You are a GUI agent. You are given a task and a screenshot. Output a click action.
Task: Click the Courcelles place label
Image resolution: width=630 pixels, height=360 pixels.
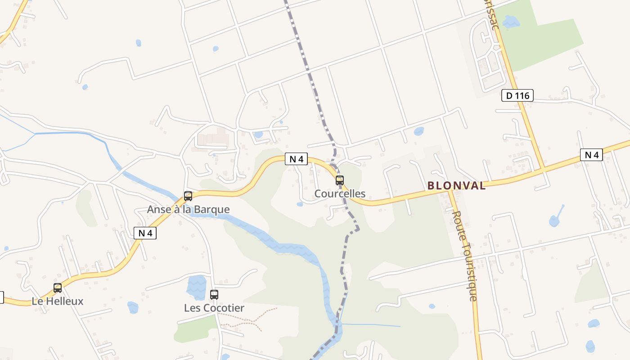click(x=340, y=194)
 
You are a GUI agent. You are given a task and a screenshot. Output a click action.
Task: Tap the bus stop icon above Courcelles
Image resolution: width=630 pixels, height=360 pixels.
click(x=340, y=180)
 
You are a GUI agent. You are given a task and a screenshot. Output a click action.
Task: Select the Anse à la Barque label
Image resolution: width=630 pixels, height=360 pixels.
click(x=188, y=210)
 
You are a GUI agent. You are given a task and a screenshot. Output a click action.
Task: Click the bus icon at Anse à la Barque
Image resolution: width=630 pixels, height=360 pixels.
click(x=188, y=196)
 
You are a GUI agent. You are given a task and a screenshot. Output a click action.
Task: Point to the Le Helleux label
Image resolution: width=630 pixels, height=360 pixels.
click(x=58, y=301)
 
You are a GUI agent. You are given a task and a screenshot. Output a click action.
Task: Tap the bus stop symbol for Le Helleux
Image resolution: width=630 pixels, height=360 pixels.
click(x=58, y=288)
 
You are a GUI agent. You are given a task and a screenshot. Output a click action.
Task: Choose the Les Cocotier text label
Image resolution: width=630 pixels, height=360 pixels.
click(x=214, y=308)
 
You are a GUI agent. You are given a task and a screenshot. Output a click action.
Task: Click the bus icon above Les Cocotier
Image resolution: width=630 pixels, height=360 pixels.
click(x=214, y=295)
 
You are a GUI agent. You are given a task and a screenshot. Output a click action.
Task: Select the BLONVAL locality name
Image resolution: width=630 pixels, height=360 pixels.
click(x=456, y=185)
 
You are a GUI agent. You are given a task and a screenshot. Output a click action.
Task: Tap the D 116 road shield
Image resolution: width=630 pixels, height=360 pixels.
click(x=517, y=95)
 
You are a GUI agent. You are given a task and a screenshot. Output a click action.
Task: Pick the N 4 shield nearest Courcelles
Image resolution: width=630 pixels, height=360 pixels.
click(x=296, y=159)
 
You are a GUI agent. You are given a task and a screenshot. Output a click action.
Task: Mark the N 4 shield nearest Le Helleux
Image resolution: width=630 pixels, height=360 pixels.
click(x=145, y=233)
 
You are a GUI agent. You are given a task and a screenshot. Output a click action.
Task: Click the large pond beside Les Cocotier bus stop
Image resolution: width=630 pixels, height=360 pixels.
click(x=196, y=287)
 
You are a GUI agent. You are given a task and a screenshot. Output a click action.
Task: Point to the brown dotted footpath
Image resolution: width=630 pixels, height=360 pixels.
click(x=252, y=319)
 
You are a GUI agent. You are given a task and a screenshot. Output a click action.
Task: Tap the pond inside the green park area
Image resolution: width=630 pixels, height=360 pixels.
click(x=511, y=21)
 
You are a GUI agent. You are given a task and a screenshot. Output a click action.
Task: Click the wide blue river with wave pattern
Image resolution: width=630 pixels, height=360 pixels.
click(x=288, y=248)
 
